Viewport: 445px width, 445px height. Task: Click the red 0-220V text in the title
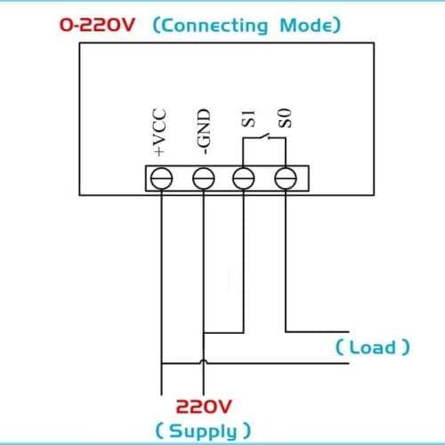tap(97, 25)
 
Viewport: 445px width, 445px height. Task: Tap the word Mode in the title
tap(306, 25)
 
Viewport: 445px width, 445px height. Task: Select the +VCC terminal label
tap(159, 132)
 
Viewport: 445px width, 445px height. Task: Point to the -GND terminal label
tap(204, 132)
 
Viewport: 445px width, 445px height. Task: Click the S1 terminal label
tap(248, 118)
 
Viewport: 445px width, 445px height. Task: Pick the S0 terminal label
tap(285, 118)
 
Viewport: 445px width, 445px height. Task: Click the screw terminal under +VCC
tap(162, 178)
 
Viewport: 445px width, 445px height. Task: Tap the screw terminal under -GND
tap(204, 178)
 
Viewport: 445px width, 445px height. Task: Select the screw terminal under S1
tap(244, 178)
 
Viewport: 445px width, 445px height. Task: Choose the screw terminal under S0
tap(286, 178)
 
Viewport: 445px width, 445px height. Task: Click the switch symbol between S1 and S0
tap(264, 136)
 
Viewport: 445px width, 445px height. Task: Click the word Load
tap(373, 347)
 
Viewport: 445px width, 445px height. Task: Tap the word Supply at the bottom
tap(203, 432)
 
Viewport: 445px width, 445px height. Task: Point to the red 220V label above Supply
tap(204, 407)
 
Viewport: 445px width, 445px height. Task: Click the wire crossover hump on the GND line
tap(204, 361)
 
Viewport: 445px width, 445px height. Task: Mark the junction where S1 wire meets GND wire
tap(204, 333)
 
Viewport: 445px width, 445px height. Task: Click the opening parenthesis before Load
tap(339, 347)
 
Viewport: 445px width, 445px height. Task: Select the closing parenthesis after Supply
tap(247, 431)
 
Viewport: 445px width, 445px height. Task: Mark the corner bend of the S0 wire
tap(286, 332)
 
